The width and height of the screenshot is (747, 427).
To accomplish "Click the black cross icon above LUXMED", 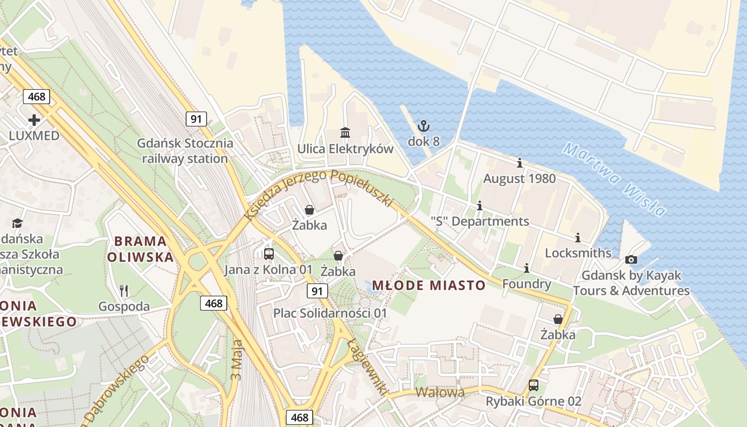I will coord(34,120).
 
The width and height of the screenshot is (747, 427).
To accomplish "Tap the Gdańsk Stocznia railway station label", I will coord(185,151).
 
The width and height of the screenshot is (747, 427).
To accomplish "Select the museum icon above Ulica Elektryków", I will coord(345,132).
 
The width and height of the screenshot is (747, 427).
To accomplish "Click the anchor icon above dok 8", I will coord(423,126).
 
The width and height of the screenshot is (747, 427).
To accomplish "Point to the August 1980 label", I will coord(519,179).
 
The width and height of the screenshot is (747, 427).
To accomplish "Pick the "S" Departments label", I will coord(480,221).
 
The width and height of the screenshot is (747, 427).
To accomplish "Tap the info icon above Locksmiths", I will coord(578,238).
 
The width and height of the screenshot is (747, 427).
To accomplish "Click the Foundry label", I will coord(527,284).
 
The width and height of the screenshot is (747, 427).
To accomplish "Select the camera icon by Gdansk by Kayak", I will coord(631,260).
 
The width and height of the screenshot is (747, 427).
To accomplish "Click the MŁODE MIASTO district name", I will coord(428,286).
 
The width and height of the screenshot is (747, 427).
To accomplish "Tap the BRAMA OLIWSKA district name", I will coord(141,249).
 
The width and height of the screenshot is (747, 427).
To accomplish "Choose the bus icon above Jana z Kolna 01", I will coord(269,254).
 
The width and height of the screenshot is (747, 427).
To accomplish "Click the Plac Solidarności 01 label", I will coord(330,313).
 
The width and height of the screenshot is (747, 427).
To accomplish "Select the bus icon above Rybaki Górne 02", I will coord(533,385).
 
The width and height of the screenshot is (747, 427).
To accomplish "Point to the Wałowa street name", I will coord(440,392).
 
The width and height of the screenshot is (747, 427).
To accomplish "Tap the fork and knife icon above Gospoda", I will coord(124,290).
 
